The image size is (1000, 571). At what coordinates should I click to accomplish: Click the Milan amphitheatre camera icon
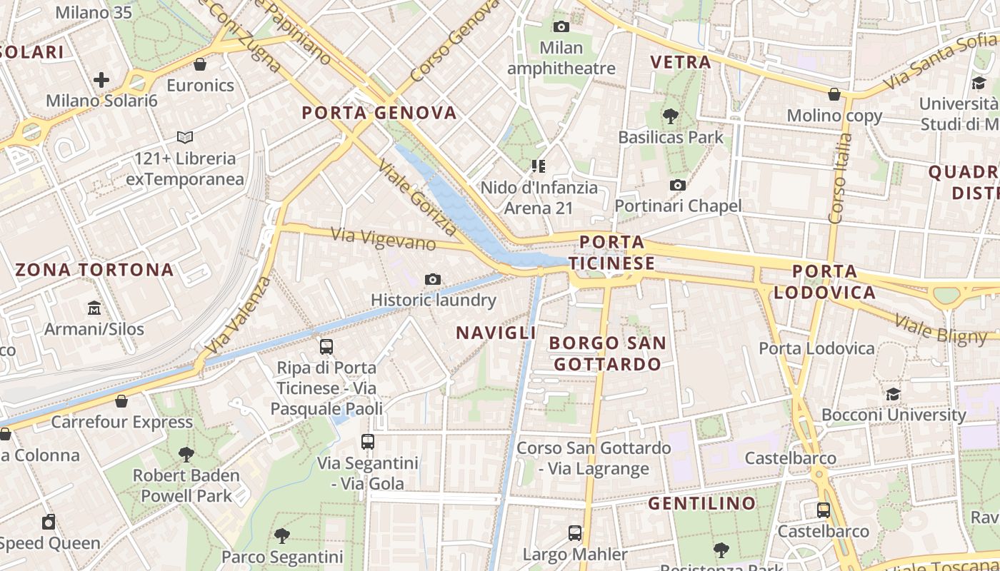tap(561, 27)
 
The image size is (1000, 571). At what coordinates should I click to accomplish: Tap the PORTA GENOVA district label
tap(379, 113)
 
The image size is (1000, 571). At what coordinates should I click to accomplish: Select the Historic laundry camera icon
tap(433, 279)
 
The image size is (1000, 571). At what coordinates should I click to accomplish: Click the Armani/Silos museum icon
tap(94, 308)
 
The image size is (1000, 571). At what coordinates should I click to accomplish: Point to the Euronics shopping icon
tap(200, 64)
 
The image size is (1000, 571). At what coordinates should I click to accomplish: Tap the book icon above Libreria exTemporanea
tap(185, 137)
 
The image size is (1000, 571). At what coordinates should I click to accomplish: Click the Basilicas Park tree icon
tap(670, 116)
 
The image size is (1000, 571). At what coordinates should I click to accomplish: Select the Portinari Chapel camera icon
tap(678, 186)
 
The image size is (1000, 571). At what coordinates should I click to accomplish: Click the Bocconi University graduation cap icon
tap(893, 394)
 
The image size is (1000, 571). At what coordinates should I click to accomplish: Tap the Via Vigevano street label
tap(384, 238)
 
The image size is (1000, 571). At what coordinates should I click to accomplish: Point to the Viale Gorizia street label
tap(416, 198)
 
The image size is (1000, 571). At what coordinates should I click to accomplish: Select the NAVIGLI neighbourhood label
tap(496, 333)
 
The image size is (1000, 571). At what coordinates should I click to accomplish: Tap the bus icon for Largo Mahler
tap(575, 532)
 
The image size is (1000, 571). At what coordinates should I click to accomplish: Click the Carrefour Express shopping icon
tap(121, 401)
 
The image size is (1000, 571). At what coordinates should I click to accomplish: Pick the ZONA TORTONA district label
tap(94, 270)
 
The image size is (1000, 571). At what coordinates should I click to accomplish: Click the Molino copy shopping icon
tap(834, 94)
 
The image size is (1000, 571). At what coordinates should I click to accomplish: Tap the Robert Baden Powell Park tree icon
tap(186, 454)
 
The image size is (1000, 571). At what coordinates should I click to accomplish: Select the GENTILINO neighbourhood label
tap(701, 503)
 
